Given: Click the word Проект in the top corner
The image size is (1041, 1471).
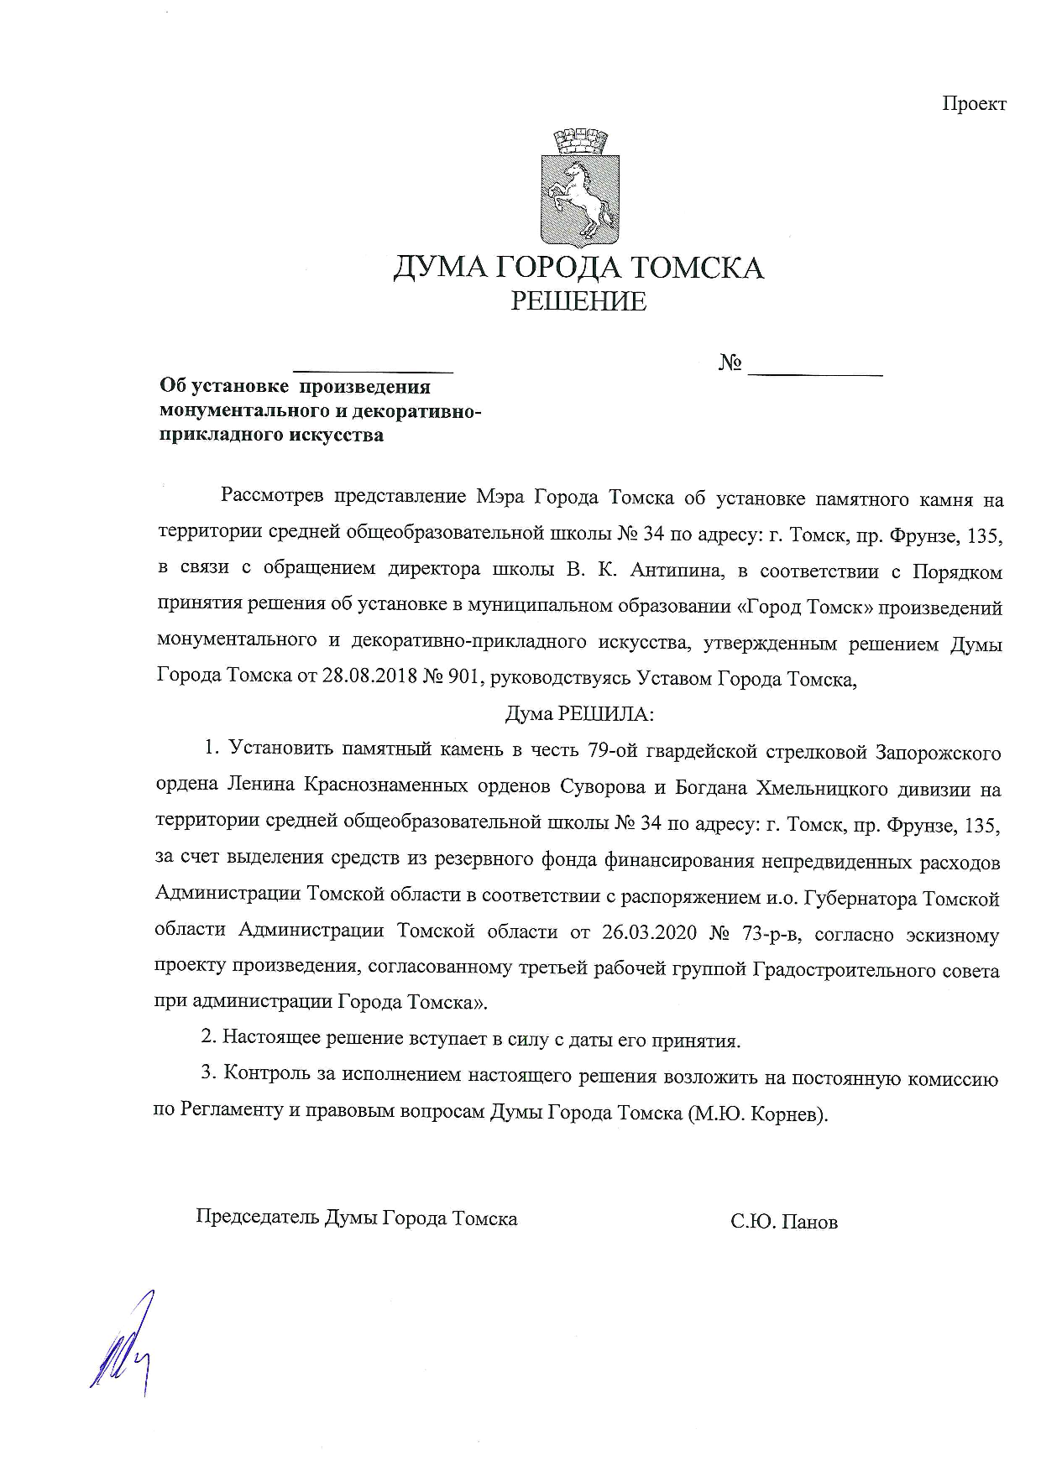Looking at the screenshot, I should (973, 104).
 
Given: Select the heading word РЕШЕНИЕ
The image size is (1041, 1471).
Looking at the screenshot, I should (578, 302).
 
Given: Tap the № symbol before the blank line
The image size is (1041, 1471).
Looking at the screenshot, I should (730, 363).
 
